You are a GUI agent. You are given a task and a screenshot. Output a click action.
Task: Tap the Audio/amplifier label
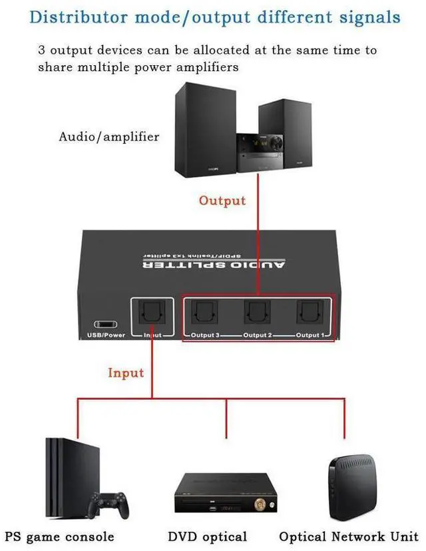109,137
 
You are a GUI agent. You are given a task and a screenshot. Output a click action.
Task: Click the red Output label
222,200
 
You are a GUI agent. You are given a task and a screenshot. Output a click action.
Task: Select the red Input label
126,373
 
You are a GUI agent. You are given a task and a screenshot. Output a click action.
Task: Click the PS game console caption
59,536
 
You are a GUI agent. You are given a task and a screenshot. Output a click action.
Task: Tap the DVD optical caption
207,536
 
